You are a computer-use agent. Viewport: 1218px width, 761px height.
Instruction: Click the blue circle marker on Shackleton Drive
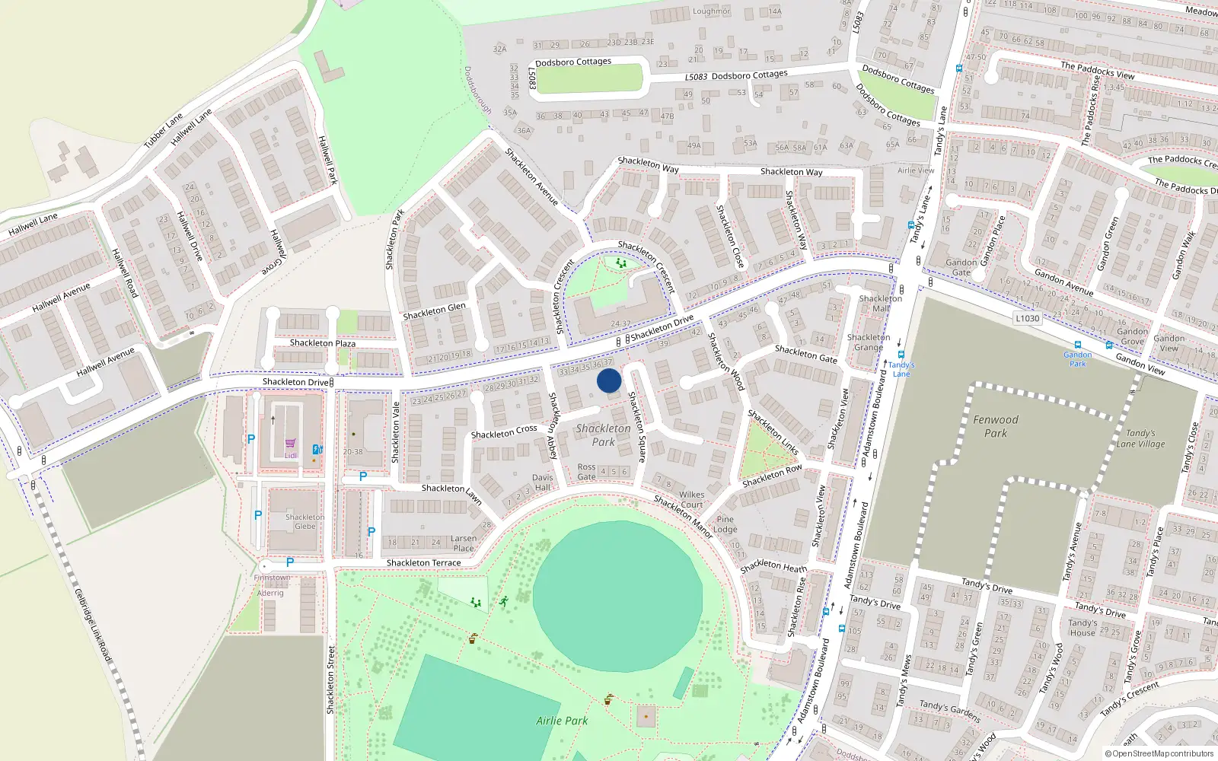pos(608,380)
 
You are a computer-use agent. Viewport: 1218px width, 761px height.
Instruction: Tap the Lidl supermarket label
pos(291,455)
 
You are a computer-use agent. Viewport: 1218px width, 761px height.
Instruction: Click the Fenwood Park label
pos(995,426)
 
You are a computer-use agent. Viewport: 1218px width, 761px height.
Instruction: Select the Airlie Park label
pos(562,721)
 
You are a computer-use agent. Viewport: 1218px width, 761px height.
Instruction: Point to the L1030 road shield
pos(1027,318)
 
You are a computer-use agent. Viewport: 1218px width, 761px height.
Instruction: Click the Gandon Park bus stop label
pos(1078,359)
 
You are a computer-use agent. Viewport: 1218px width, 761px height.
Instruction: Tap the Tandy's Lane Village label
pos(1140,438)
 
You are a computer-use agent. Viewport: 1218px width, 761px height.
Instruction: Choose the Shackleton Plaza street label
pos(322,343)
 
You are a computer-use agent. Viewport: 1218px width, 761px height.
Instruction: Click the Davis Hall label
pos(543,482)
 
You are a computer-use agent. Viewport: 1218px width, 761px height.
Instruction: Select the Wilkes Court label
pos(691,499)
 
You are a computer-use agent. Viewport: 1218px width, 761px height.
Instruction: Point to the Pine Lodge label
pos(725,524)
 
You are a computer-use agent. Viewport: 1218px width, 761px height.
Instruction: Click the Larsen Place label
pos(463,543)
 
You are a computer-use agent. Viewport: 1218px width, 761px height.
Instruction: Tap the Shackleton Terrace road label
pos(423,563)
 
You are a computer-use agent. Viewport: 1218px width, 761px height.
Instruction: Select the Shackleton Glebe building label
pos(304,521)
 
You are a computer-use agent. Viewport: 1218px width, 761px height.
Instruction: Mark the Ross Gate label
pos(586,472)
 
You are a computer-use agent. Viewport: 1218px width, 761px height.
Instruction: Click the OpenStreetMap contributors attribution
pos(1159,754)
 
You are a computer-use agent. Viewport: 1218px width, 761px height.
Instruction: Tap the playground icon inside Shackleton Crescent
pos(621,263)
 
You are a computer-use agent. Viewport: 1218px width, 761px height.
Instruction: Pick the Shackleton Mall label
pos(880,304)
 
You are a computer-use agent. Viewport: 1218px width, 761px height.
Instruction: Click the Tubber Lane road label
pos(164,131)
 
